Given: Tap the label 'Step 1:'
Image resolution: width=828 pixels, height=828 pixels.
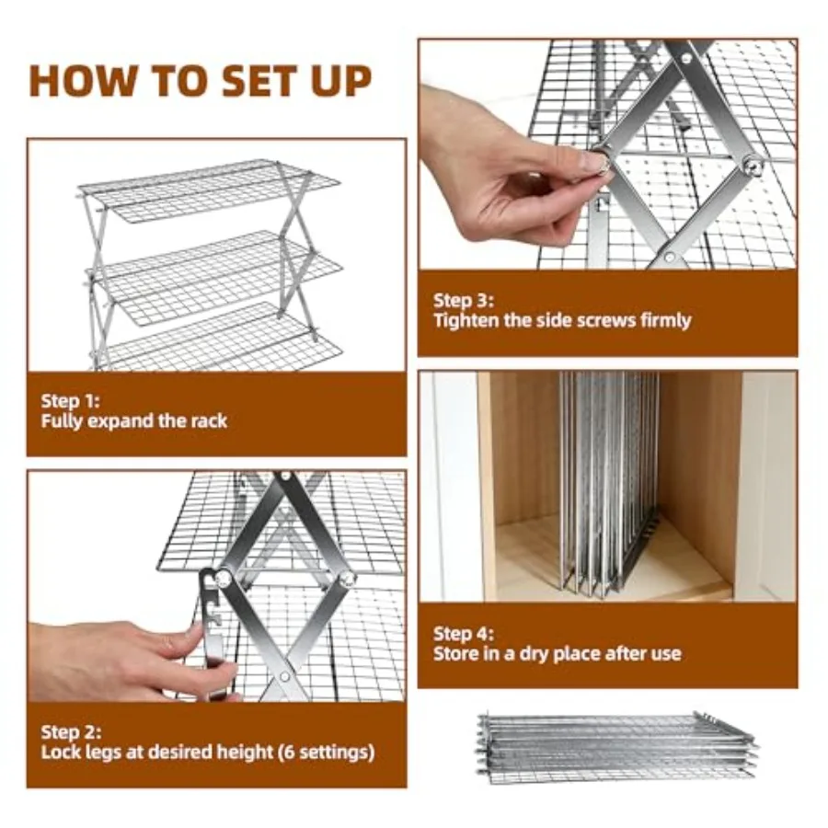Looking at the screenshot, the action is pyautogui.click(x=70, y=401).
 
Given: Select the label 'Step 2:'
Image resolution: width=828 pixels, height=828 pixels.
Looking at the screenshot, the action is pyautogui.click(x=71, y=732).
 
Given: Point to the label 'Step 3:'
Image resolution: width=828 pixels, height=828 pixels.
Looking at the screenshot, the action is pyautogui.click(x=464, y=301).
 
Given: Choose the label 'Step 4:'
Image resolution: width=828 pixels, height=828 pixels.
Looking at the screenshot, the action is pyautogui.click(x=464, y=634).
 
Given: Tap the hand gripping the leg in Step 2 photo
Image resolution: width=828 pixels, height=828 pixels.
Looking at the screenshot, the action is pyautogui.click(x=132, y=660).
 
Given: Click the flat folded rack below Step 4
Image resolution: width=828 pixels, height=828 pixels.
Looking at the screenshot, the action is pyautogui.click(x=616, y=747).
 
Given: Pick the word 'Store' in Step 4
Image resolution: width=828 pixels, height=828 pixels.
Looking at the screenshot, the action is pyautogui.click(x=456, y=654).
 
